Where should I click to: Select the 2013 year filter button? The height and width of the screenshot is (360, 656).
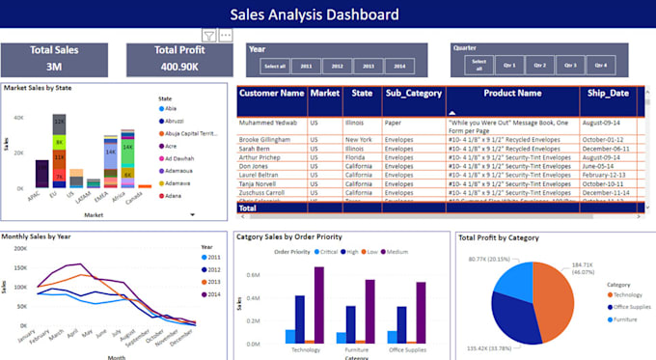tap(368, 66)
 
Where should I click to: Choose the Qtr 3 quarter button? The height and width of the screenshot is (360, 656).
tap(569, 66)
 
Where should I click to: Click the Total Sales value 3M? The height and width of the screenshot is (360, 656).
tap(54, 67)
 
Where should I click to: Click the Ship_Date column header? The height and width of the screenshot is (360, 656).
tap(607, 94)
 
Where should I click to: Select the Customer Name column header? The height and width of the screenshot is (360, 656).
tap(272, 94)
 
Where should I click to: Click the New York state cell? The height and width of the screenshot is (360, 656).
tap(358, 140)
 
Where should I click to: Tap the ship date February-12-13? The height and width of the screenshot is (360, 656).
tap(607, 175)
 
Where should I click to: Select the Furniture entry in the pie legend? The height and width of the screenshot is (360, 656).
tap(628, 318)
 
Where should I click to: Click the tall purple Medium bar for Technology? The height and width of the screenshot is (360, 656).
tap(319, 298)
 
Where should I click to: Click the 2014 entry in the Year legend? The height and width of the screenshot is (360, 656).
tap(212, 294)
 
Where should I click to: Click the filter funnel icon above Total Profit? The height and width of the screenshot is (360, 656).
tap(208, 35)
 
